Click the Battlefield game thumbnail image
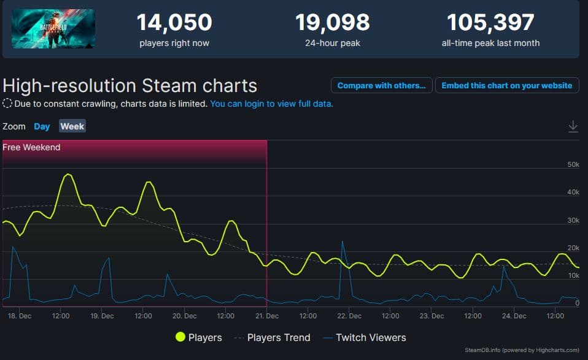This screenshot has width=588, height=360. [x=53, y=29]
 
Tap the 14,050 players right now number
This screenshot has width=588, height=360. [x=174, y=23]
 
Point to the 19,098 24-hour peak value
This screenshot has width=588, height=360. [x=333, y=23]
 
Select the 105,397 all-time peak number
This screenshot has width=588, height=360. [x=490, y=23]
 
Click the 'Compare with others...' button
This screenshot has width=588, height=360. [x=381, y=85]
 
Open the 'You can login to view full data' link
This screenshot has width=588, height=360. [x=272, y=104]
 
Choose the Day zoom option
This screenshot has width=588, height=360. [x=42, y=126]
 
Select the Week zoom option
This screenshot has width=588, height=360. [x=72, y=126]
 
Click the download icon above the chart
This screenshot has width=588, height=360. [x=573, y=126]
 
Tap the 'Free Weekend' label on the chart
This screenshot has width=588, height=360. [x=31, y=147]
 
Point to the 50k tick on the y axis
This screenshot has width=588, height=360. [x=573, y=164]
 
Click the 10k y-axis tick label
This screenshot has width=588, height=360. [x=573, y=275]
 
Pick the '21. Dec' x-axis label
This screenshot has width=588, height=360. [x=267, y=316]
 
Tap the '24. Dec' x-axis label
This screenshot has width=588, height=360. [x=514, y=316]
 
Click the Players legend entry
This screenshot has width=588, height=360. [x=199, y=337]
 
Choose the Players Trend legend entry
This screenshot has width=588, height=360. [x=272, y=337]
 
